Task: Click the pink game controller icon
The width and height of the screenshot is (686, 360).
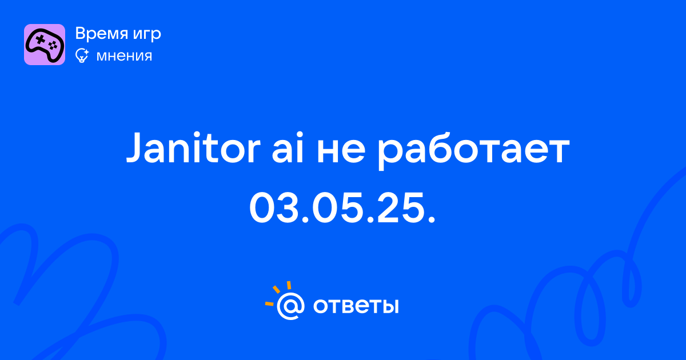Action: click(45, 45)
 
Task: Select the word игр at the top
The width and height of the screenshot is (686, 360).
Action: click(147, 35)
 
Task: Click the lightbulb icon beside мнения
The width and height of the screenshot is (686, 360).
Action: click(82, 56)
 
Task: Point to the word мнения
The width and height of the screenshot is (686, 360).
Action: click(124, 57)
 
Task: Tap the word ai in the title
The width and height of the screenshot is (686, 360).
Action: click(287, 147)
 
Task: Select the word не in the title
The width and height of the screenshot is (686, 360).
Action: click(341, 151)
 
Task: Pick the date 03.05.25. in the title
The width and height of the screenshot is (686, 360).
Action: click(342, 207)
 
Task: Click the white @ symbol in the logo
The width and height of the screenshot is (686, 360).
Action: click(290, 306)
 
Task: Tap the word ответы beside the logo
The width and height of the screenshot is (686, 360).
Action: click(356, 306)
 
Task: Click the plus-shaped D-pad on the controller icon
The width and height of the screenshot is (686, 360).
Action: click(40, 40)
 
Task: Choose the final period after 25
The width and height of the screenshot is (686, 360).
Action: click(431, 220)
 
